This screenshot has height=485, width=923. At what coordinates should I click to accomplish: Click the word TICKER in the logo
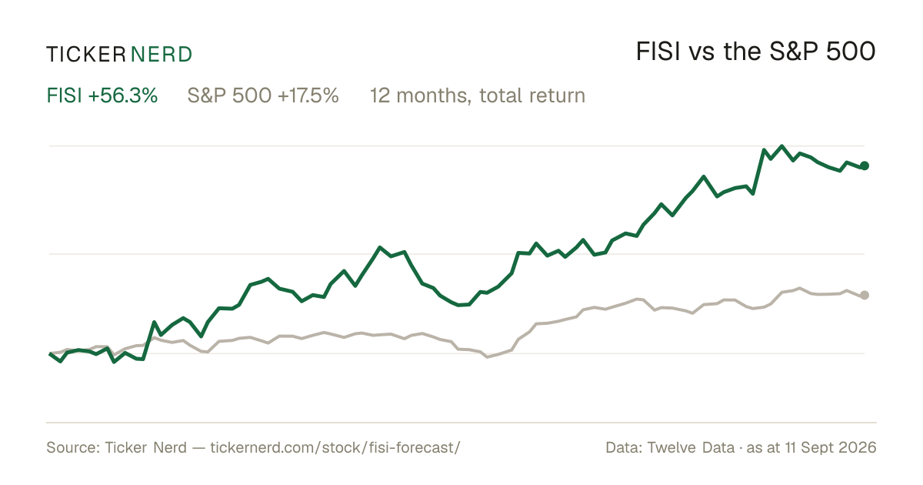click(x=85, y=55)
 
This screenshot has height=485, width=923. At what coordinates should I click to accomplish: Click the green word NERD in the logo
click(x=162, y=55)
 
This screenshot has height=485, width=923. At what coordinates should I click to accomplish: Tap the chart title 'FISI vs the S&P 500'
click(x=755, y=52)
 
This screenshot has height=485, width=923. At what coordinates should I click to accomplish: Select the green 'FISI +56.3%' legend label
click(x=102, y=95)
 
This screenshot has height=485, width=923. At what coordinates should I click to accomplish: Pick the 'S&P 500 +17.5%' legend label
click(x=263, y=95)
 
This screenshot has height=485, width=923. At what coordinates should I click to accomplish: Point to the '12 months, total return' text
click(x=478, y=96)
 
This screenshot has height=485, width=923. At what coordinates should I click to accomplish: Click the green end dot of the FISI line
click(x=865, y=166)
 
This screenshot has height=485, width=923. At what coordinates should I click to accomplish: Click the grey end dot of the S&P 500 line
click(x=865, y=295)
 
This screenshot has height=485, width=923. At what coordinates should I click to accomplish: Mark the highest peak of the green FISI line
click(x=781, y=146)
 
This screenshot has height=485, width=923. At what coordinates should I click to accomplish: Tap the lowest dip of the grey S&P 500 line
click(x=488, y=356)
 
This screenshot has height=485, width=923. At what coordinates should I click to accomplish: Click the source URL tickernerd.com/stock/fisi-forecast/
click(x=335, y=447)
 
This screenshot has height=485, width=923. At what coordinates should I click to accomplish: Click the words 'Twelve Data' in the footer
click(x=691, y=447)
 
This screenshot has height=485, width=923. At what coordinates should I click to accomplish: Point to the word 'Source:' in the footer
click(x=73, y=447)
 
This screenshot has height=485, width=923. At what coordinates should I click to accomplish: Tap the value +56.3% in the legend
click(x=123, y=95)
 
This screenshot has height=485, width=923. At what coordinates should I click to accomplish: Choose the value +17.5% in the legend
click(x=308, y=95)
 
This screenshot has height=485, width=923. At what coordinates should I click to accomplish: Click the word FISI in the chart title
click(x=658, y=52)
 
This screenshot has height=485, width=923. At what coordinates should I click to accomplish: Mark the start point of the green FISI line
click(x=50, y=354)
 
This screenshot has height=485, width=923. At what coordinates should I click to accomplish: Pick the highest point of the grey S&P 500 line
click(x=800, y=288)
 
